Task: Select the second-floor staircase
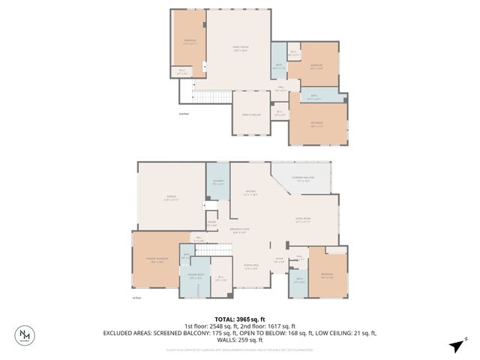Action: pyautogui.click(x=211, y=97)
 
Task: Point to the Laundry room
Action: pyautogui.click(x=217, y=182)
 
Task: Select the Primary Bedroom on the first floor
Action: pyautogui.click(x=155, y=261)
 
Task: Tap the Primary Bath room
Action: pyautogui.click(x=193, y=275)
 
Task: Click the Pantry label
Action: pyautogui.click(x=211, y=223)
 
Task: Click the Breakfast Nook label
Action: pyautogui.click(x=240, y=230)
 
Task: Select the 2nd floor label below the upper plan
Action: pyautogui.click(x=184, y=114)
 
